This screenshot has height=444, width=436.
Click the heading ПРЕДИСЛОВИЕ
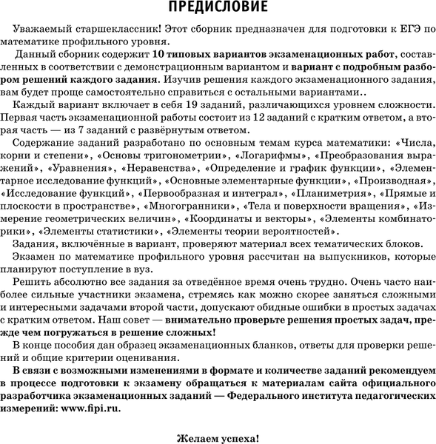pos(218,8)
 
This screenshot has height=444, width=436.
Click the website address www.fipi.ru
pos(93,407)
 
